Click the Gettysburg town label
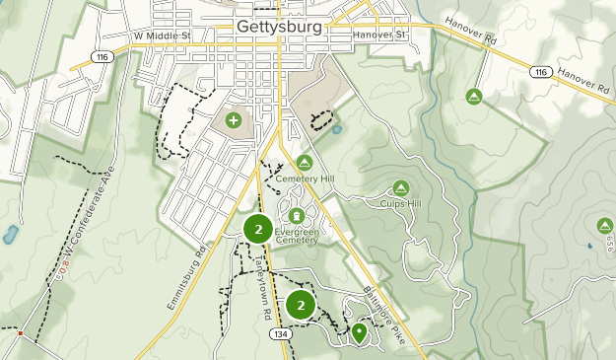coord(279,27)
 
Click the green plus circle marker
coord(234,120)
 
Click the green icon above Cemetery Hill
coord(305,163)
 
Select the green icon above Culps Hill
coord(401,187)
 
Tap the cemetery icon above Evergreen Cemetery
coord(296,215)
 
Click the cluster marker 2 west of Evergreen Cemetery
coord(258,230)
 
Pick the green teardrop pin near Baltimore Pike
coord(360,333)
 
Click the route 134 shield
coord(280,334)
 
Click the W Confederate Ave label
coord(82,222)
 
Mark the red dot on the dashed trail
coord(20,333)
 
